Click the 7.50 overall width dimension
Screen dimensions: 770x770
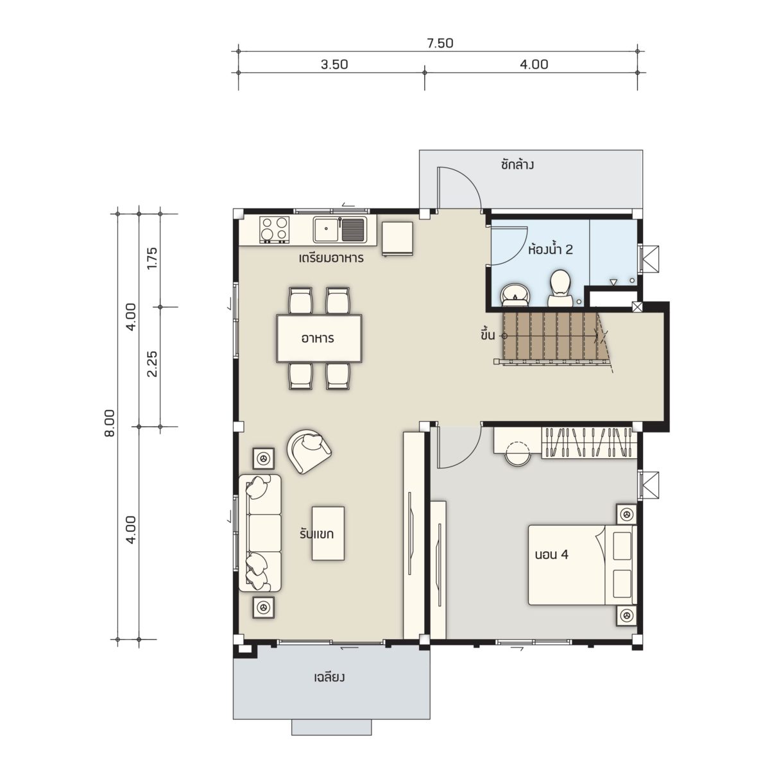click(x=440, y=43)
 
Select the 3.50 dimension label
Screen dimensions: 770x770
click(x=334, y=64)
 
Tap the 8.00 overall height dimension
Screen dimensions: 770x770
click(x=110, y=423)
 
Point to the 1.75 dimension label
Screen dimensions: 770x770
click(x=152, y=259)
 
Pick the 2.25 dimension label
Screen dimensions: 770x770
click(x=152, y=364)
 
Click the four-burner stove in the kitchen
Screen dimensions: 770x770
click(x=275, y=230)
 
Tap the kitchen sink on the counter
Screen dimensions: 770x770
click(x=339, y=230)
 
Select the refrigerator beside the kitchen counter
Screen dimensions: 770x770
click(x=398, y=238)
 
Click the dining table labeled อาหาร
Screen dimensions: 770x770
click(x=320, y=338)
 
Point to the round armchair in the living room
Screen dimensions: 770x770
click(x=308, y=451)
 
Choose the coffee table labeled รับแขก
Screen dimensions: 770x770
click(x=328, y=533)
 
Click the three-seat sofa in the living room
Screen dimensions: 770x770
click(x=260, y=533)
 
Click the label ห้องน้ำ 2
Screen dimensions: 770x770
click(x=551, y=250)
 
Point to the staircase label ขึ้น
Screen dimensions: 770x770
click(x=488, y=335)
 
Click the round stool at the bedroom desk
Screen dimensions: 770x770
click(x=518, y=454)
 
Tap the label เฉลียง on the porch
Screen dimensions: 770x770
click(x=329, y=678)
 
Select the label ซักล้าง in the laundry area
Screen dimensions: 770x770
click(x=517, y=165)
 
